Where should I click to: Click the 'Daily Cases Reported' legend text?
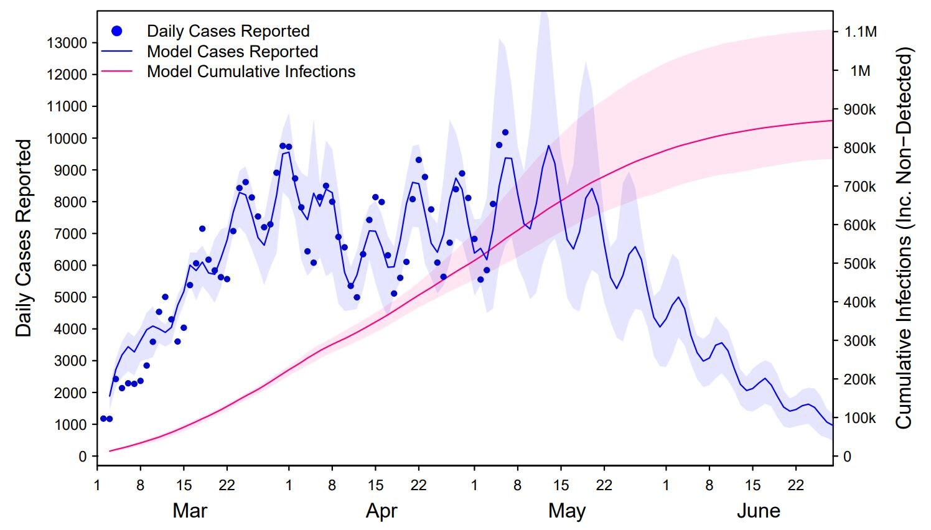(x=228, y=31)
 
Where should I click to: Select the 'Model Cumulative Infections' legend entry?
(x=251, y=72)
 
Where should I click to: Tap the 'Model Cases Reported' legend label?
(x=232, y=52)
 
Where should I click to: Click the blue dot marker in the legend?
(x=117, y=31)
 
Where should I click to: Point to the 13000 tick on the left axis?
(x=67, y=43)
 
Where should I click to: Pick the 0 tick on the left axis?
(x=83, y=457)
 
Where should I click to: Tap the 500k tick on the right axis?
(x=859, y=264)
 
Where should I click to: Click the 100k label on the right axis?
(x=859, y=418)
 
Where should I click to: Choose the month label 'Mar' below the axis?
(x=190, y=511)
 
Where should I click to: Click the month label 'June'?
(x=758, y=511)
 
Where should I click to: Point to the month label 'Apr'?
(x=381, y=511)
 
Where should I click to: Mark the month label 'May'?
(x=566, y=511)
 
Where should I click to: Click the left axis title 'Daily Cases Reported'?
(x=24, y=238)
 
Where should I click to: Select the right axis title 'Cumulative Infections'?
(x=903, y=238)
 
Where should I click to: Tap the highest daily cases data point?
(x=505, y=132)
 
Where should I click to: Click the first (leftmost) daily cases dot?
(x=103, y=419)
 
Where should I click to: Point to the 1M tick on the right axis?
(x=861, y=71)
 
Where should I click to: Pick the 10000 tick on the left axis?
(x=67, y=138)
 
